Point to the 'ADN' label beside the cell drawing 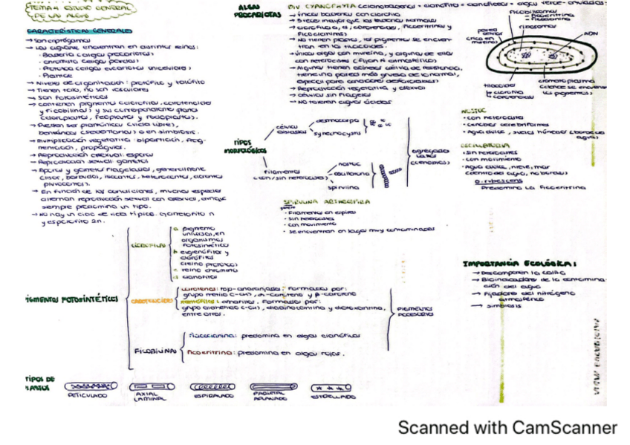591,34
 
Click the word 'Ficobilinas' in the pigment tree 155,349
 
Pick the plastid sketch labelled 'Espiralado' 212,387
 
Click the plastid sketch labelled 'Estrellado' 331,387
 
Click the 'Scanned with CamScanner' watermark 507,428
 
